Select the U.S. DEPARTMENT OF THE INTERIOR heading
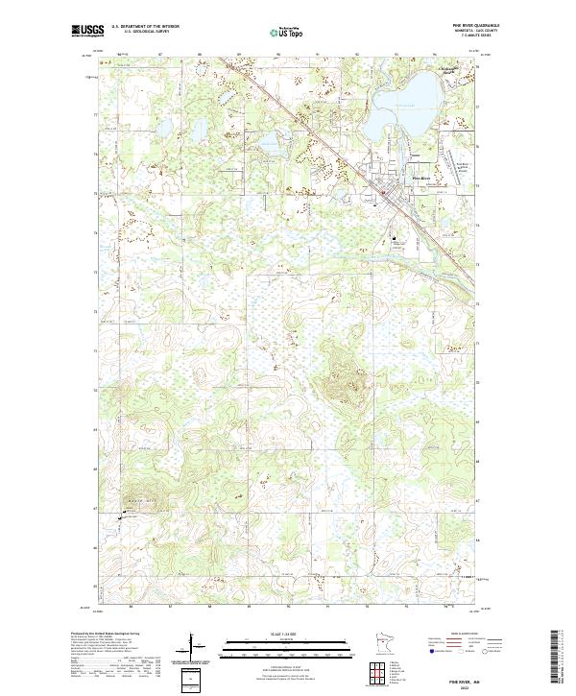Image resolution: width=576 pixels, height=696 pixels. [x=145, y=27]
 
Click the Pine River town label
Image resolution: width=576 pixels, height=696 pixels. [x=420, y=180]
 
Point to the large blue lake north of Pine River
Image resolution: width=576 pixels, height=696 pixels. [x=408, y=106]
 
